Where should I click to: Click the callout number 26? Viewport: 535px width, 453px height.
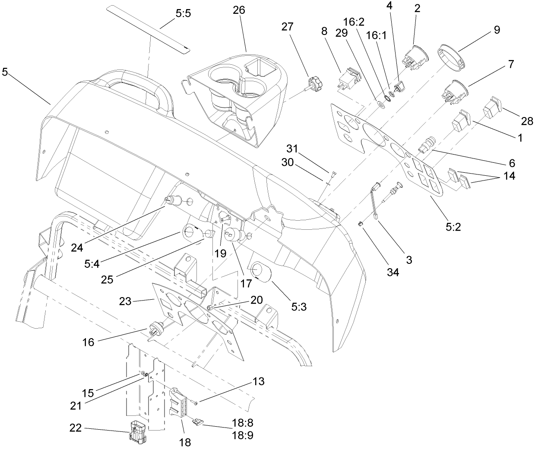pyautogui.click(x=238, y=10)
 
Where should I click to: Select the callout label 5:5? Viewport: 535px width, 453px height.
pyautogui.click(x=183, y=13)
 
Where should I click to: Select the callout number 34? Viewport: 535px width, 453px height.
pyautogui.click(x=393, y=272)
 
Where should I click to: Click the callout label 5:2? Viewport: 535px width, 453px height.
pyautogui.click(x=451, y=226)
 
